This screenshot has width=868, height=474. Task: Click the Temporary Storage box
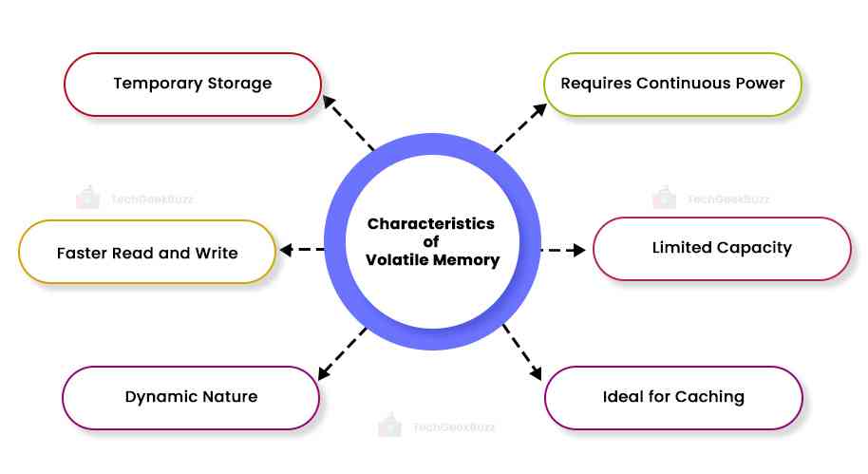pos(192,84)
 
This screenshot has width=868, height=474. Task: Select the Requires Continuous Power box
pos(672,84)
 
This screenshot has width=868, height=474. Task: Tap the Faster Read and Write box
pos(147,252)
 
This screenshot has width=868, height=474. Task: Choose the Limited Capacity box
pos(722,248)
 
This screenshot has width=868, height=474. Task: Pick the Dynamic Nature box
pos(191,397)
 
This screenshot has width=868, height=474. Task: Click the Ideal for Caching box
pos(672,397)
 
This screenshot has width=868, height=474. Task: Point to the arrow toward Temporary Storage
pos(349,122)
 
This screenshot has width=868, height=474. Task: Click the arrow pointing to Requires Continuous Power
pos(520,127)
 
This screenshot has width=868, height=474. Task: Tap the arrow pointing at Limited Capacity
pos(563,251)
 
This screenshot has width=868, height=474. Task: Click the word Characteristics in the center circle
pos(431,224)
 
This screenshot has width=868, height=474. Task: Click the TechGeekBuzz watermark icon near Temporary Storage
pos(87,198)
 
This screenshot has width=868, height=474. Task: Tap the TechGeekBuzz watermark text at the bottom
pos(454,427)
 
